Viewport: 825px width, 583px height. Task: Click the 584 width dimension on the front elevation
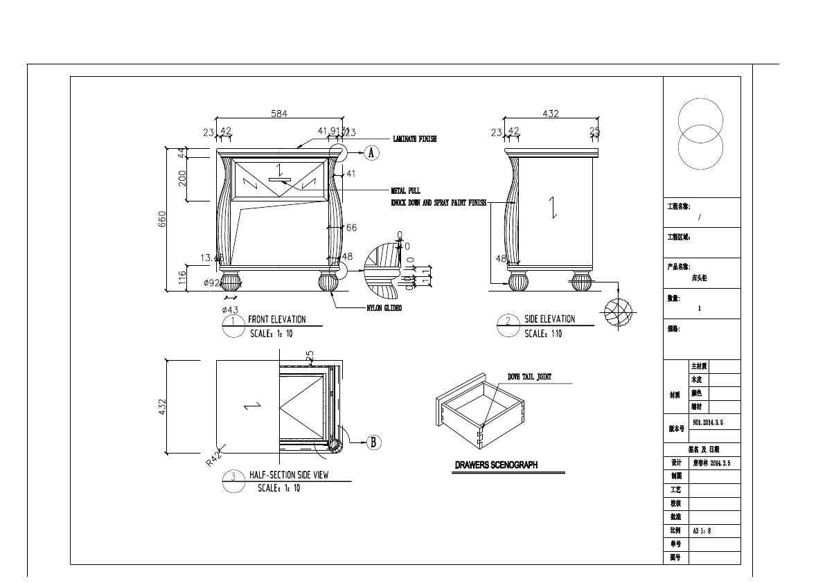tap(278, 113)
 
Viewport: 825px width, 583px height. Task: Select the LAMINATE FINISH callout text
tap(415, 139)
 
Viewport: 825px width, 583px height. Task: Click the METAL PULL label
tap(405, 190)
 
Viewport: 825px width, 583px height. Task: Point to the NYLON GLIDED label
tap(384, 308)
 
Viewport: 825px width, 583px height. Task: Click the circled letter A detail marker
tap(371, 153)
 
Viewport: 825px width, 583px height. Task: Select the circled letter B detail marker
tap(372, 442)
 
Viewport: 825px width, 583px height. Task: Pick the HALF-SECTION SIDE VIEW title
tap(288, 476)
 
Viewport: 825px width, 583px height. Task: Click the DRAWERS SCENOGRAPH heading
tap(496, 465)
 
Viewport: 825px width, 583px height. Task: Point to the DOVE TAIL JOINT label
tap(529, 377)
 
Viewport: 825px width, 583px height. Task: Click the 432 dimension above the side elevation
tap(550, 114)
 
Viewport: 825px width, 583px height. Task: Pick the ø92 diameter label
tap(211, 283)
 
